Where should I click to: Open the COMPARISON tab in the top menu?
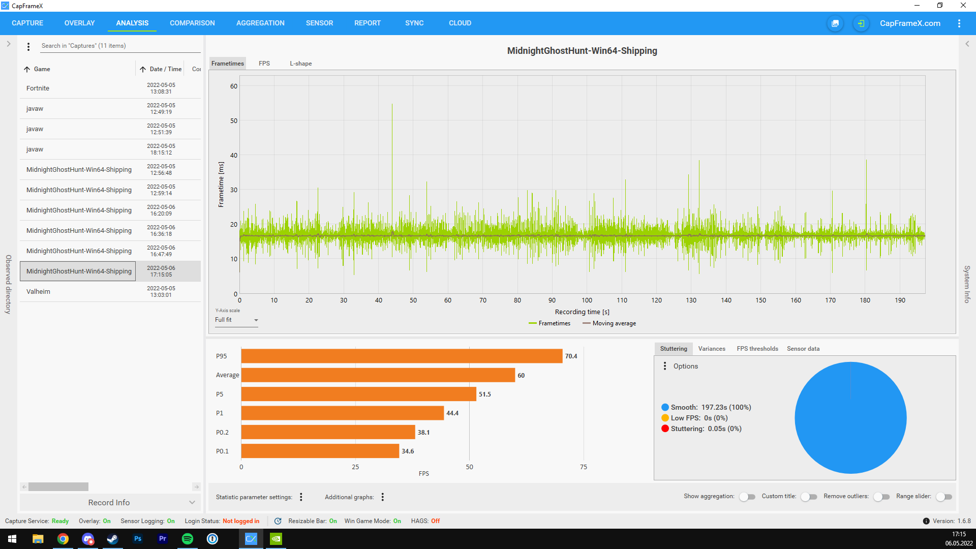(x=192, y=23)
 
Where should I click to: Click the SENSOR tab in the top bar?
(x=319, y=23)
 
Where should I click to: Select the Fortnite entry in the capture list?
(x=38, y=88)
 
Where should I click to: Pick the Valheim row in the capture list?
(x=38, y=292)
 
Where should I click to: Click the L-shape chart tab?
(x=301, y=64)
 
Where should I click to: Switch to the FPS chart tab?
(x=264, y=64)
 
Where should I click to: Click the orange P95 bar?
(x=402, y=356)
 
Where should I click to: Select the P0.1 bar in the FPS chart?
(x=320, y=451)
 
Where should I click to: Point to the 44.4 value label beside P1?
(x=452, y=413)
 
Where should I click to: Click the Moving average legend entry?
(x=609, y=323)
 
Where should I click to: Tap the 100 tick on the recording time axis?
(x=587, y=300)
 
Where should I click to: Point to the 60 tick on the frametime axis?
(x=234, y=86)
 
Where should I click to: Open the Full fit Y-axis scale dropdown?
(x=236, y=320)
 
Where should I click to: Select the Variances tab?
(x=712, y=349)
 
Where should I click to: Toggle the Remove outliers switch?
(x=881, y=497)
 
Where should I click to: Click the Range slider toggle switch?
(x=944, y=497)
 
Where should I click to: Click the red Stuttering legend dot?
(x=665, y=429)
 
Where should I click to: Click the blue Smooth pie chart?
(x=850, y=418)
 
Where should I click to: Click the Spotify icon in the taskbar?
(x=188, y=539)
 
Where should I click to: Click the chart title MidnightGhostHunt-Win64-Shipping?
(x=582, y=51)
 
